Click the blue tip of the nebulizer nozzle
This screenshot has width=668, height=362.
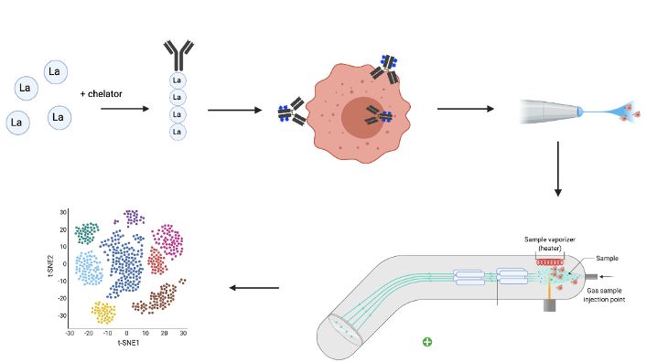[x=578, y=112]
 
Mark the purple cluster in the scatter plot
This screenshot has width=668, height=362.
[x=134, y=217]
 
